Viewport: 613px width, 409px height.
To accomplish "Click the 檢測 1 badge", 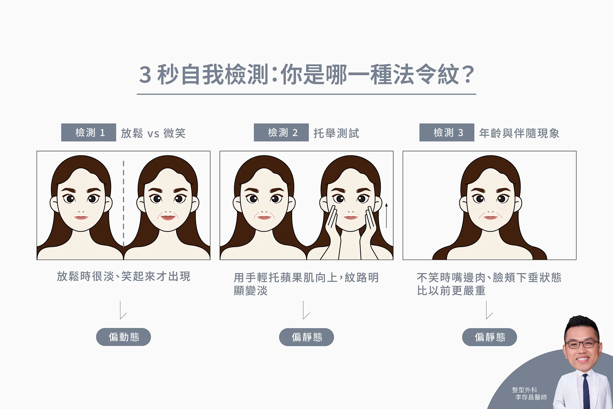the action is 89,133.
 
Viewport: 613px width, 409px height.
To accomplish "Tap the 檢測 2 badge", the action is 281,133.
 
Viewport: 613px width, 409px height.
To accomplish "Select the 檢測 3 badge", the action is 447,133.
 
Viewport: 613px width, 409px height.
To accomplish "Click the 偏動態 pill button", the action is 124,337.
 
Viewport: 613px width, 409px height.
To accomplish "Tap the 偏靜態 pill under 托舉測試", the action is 306,337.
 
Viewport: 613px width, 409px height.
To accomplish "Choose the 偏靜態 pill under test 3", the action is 489,337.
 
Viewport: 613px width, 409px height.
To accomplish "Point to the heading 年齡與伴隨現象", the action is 519,133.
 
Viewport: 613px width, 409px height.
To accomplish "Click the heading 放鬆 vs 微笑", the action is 153,133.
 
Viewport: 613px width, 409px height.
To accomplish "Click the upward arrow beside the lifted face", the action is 386,216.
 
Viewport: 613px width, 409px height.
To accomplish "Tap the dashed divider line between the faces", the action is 124,204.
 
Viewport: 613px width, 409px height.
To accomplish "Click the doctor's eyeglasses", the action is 582,344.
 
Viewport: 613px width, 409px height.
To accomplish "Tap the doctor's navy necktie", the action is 586,391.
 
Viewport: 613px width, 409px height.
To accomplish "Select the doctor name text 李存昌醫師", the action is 531,397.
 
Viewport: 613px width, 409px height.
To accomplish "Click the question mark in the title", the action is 468,75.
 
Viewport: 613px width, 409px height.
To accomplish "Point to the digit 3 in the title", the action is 145,75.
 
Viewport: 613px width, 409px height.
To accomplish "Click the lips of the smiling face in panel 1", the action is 168,217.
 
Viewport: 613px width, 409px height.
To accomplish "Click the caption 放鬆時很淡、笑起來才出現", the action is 124,276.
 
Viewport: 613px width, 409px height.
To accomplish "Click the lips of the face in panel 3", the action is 491,217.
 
